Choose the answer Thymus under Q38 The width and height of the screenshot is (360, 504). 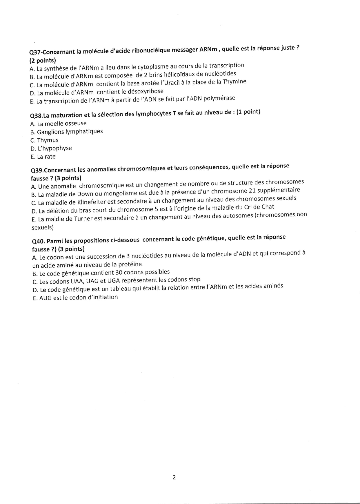48,140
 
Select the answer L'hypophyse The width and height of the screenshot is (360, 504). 54,148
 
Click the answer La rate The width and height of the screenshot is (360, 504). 46,157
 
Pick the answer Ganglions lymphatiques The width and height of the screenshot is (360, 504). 70,132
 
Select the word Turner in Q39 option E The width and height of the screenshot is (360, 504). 83,219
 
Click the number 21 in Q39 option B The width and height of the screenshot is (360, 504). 253,191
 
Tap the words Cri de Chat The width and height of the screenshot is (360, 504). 258,207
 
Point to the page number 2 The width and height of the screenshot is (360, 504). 174,477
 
